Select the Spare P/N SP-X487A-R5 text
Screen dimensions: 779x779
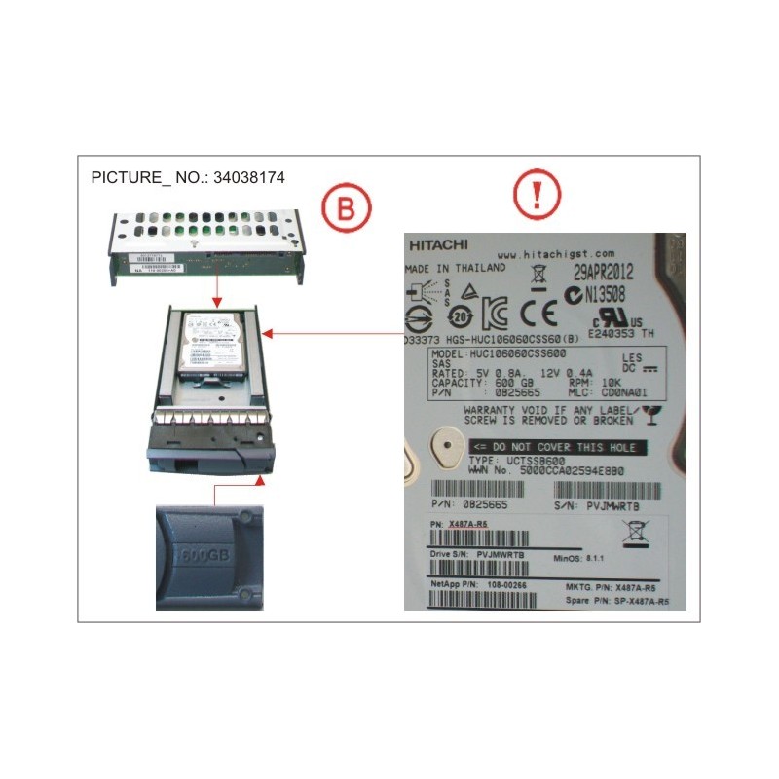(631, 603)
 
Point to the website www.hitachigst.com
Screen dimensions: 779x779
(550, 253)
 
